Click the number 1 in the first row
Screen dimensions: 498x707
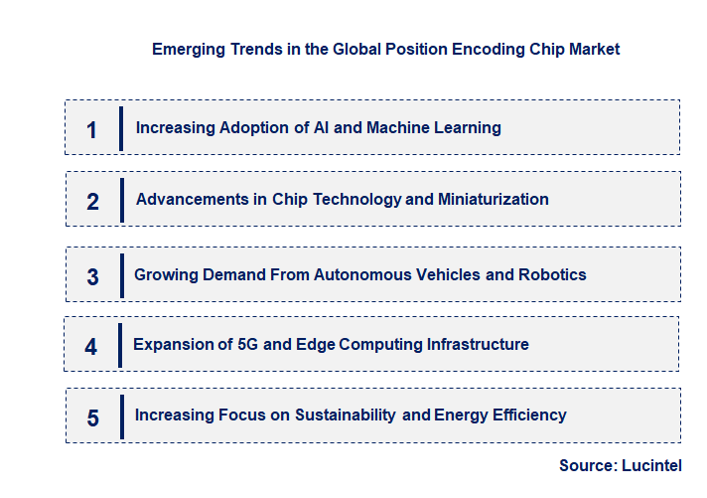pos(92,129)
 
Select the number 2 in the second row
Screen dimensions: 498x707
pos(92,202)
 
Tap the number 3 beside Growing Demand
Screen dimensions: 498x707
pos(92,276)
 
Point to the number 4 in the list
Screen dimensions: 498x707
pos(90,347)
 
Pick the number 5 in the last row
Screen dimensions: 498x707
pos(92,417)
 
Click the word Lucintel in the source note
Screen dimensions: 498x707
pos(652,465)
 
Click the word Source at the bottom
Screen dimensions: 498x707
pos(587,465)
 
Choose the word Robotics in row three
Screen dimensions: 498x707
pos(552,274)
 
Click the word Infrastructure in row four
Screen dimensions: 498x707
pos(478,344)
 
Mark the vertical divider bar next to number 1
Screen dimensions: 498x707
pos(120,128)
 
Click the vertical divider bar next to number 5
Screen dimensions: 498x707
pos(121,416)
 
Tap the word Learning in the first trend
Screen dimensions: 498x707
pos(469,127)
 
